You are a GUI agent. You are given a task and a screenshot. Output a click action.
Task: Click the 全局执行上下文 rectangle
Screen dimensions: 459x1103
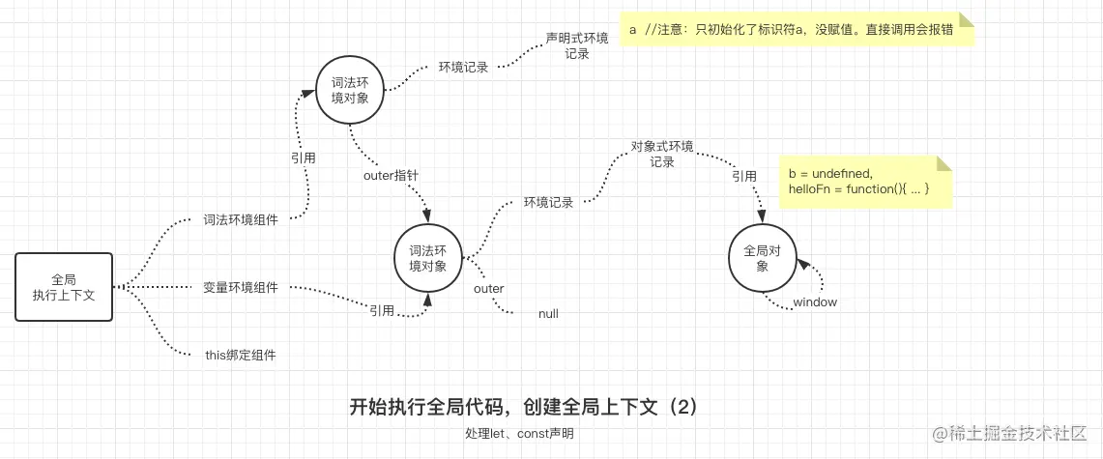point(64,286)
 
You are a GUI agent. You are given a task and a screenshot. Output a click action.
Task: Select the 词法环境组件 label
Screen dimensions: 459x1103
point(241,220)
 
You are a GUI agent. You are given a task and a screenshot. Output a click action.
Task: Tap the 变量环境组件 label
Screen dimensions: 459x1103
point(241,287)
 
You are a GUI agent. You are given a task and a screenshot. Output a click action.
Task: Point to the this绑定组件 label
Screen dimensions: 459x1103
point(241,355)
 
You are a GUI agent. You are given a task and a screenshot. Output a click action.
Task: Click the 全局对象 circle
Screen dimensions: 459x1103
point(762,258)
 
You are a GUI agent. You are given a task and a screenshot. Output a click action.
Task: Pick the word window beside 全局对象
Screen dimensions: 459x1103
point(815,302)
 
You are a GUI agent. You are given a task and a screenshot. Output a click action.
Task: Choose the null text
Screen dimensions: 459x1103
point(548,314)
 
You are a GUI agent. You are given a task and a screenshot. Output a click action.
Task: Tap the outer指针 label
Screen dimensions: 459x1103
point(391,176)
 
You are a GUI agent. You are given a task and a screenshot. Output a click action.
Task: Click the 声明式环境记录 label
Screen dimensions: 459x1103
point(577,46)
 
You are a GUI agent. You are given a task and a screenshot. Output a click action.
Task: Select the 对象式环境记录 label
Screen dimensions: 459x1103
point(662,155)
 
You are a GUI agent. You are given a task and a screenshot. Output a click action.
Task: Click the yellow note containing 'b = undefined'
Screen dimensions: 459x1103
point(866,181)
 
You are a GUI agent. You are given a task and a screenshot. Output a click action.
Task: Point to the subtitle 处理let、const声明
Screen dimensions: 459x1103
point(519,434)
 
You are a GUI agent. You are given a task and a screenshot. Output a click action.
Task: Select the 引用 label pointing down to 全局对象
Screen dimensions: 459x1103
point(744,177)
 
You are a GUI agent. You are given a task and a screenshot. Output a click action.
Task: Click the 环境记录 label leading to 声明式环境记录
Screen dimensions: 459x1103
point(463,68)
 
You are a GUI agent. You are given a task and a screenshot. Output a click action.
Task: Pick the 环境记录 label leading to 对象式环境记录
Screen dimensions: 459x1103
point(548,203)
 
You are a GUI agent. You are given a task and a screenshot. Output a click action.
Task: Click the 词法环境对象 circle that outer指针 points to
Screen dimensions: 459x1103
point(427,258)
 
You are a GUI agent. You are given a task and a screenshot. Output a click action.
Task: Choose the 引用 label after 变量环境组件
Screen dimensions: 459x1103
point(381,310)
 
